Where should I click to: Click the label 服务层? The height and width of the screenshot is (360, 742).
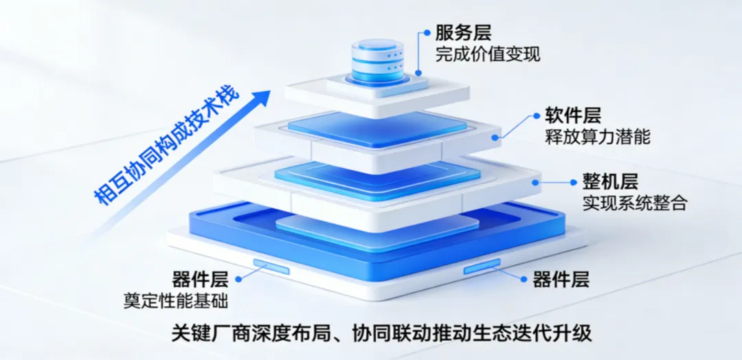[463, 32]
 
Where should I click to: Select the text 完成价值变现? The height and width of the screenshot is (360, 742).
[487, 54]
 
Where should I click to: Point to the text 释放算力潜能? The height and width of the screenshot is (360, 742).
[598, 136]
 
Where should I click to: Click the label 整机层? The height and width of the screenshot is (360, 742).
[611, 181]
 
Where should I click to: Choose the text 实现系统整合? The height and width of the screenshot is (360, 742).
[635, 203]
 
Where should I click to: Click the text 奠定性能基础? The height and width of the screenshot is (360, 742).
[176, 300]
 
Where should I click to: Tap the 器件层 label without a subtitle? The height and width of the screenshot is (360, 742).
[561, 279]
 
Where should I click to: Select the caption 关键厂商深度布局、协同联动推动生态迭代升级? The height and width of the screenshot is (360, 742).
[381, 334]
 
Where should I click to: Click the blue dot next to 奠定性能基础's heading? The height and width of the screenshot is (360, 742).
[238, 279]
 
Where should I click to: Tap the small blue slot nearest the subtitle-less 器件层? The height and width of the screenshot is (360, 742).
[482, 265]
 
